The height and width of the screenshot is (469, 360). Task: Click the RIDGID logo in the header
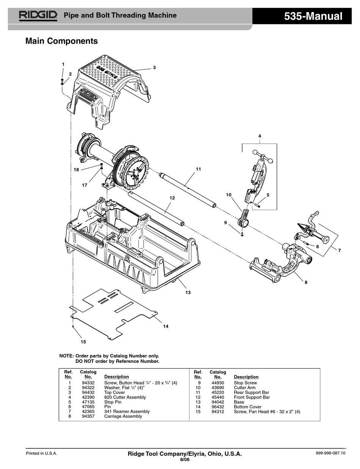pyautogui.click(x=38, y=16)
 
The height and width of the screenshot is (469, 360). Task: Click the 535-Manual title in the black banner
pyautogui.click(x=313, y=16)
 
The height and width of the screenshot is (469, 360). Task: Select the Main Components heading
pyautogui.click(x=61, y=41)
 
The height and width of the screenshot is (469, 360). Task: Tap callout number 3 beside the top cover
pyautogui.click(x=154, y=67)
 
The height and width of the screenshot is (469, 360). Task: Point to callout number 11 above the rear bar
pyautogui.click(x=198, y=169)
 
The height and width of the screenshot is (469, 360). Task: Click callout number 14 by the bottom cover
pyautogui.click(x=166, y=326)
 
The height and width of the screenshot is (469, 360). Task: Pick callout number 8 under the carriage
pyautogui.click(x=306, y=282)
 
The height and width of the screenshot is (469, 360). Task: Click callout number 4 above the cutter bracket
pyautogui.click(x=260, y=136)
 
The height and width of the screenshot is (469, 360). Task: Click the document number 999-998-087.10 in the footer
pyautogui.click(x=330, y=453)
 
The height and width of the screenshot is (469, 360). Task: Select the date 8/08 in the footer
pyautogui.click(x=185, y=460)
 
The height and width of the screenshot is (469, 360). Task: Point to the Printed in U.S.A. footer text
pyautogui.click(x=42, y=453)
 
